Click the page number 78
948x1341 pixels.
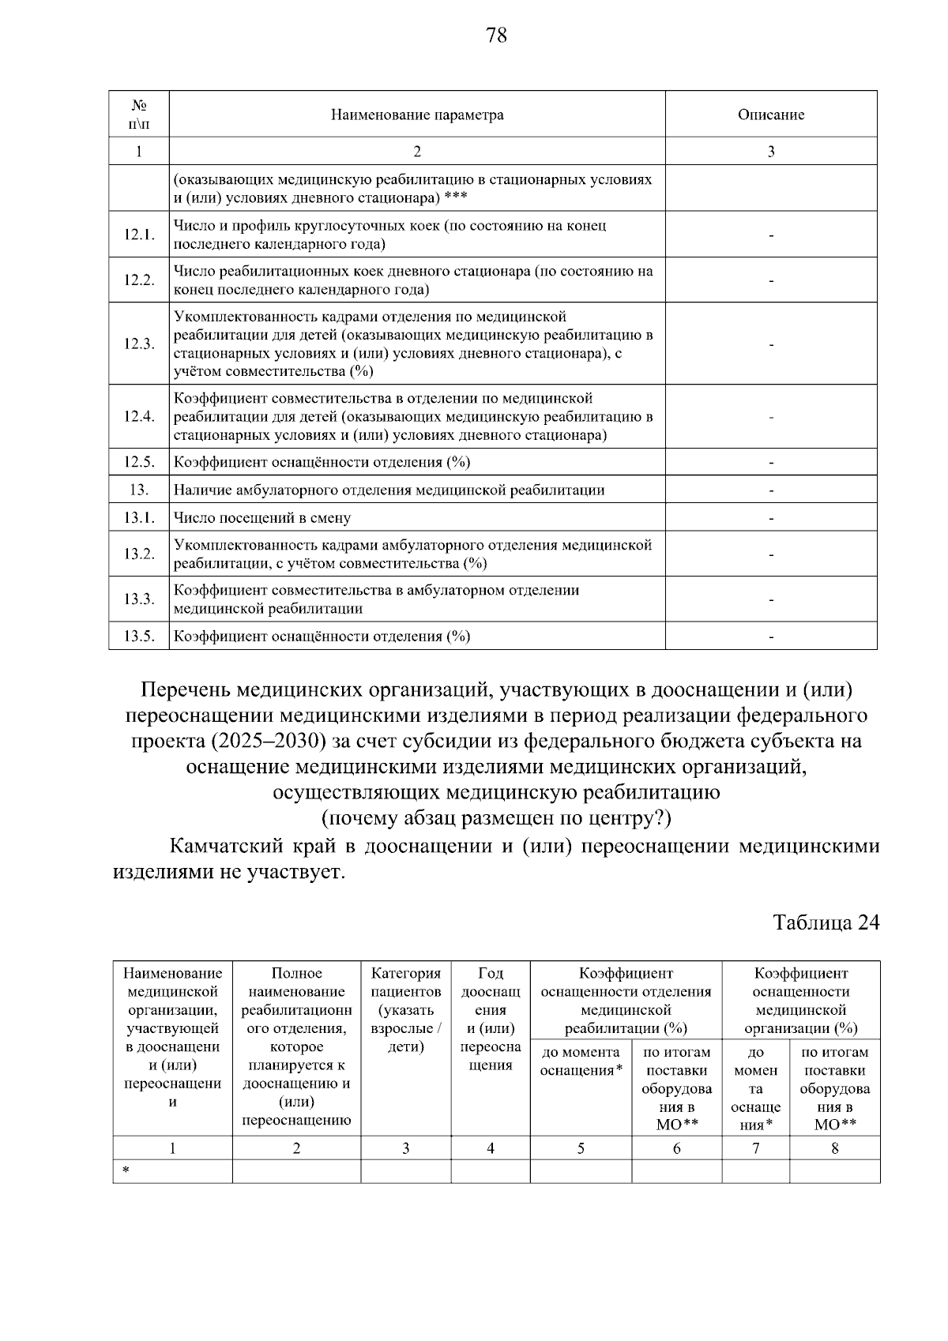tap(497, 36)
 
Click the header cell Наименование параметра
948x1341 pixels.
tap(417, 115)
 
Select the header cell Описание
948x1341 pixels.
tap(771, 115)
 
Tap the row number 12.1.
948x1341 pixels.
tap(139, 235)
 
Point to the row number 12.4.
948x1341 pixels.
tap(139, 417)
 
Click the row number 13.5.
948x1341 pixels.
tap(139, 637)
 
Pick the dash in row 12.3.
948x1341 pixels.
tap(771, 344)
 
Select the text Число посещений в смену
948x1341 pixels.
tap(262, 518)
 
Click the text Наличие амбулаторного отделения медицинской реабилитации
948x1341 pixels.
tap(389, 490)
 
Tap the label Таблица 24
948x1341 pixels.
tap(826, 922)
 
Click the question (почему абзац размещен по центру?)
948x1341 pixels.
tap(496, 818)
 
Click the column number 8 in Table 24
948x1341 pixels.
tap(834, 1148)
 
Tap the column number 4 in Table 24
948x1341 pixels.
tap(490, 1148)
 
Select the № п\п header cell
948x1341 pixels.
tap(139, 115)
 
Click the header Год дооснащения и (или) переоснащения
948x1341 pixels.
tap(490, 1020)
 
